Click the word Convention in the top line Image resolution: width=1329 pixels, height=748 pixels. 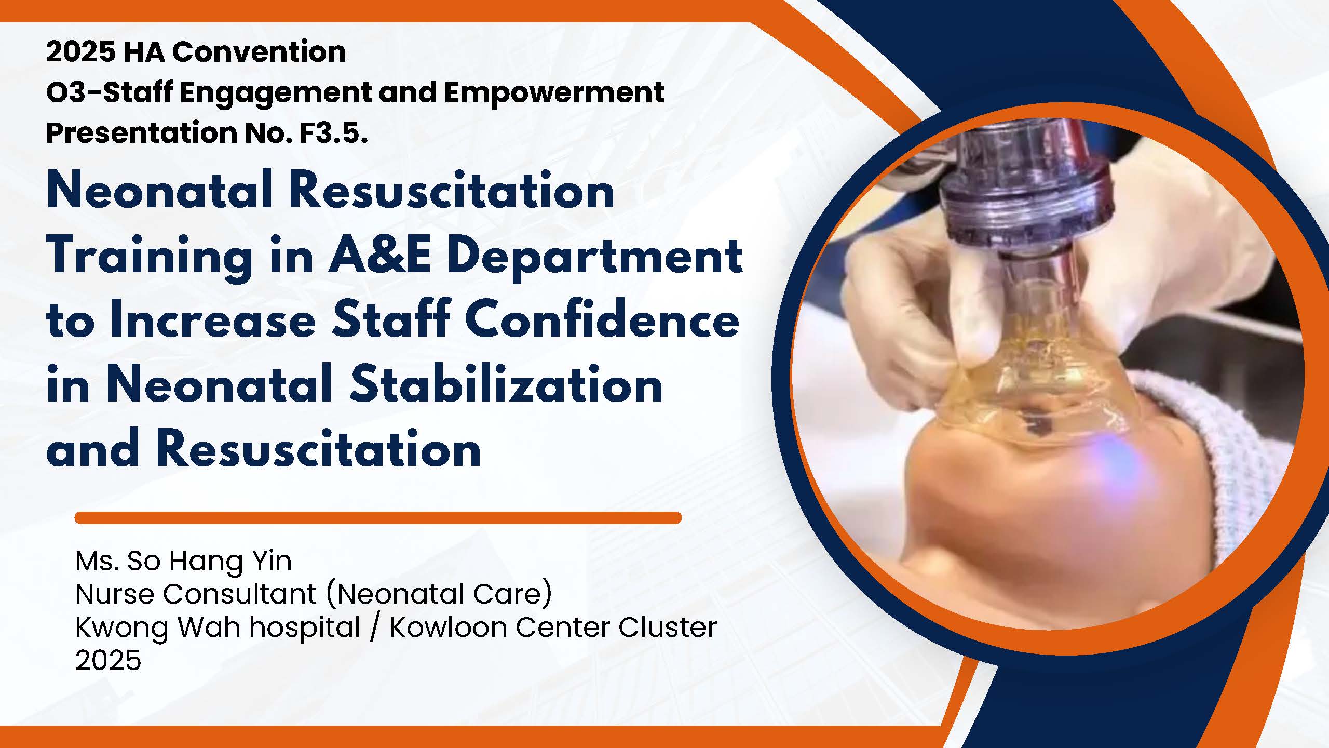click(259, 52)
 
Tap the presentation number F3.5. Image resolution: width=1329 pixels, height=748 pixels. click(334, 132)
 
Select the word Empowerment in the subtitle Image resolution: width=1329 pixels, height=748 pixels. click(554, 93)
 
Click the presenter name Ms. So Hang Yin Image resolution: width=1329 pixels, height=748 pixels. click(184, 561)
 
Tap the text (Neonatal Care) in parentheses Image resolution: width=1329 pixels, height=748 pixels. click(439, 594)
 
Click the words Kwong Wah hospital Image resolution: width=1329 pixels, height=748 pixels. click(218, 627)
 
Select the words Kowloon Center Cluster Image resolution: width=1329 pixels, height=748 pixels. click(553, 627)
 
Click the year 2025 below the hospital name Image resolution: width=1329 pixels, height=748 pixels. click(109, 660)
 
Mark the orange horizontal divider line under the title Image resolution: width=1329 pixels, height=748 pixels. click(378, 517)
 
